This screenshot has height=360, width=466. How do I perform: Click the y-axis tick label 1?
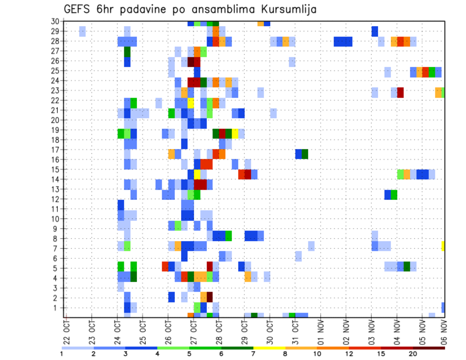[x=56, y=308]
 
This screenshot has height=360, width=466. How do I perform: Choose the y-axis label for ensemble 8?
[x=56, y=239]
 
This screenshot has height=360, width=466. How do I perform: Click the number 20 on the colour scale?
[x=413, y=354]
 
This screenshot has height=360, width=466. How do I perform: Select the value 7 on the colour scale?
[x=253, y=354]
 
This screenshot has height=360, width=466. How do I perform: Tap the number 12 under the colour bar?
[x=349, y=354]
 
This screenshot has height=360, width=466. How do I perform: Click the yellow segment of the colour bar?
[x=269, y=348]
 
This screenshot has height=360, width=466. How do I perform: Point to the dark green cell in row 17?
[x=305, y=154]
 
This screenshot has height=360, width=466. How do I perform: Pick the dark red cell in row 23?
[x=400, y=92]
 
